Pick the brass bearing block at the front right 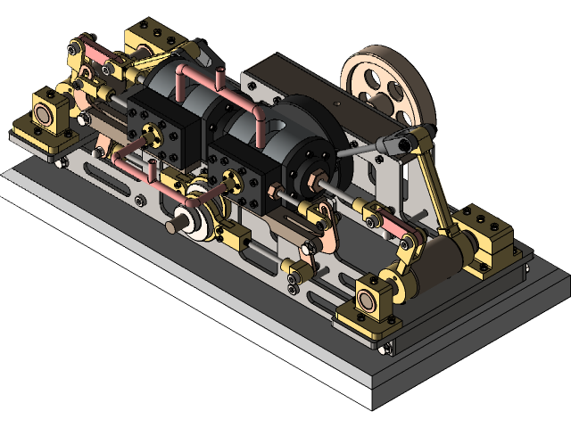tap(375, 296)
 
